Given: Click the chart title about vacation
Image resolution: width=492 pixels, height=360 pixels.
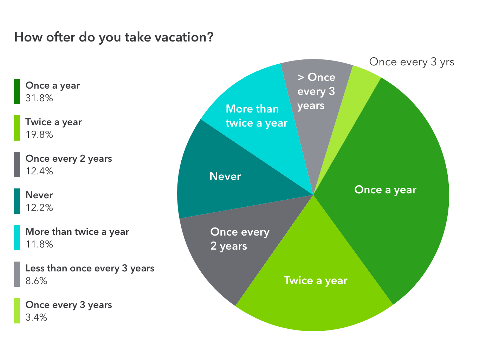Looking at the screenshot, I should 114,37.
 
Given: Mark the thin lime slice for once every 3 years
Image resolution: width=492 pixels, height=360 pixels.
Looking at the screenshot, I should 358,84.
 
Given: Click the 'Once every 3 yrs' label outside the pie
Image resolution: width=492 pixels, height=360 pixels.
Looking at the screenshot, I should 412,62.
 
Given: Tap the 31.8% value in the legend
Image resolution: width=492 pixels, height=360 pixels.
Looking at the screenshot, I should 39,98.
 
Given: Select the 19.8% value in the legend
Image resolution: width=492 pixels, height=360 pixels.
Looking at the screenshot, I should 39,135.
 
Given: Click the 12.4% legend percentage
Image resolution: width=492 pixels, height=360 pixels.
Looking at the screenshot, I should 39,171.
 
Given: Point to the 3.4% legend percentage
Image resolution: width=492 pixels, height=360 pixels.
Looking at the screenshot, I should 37,317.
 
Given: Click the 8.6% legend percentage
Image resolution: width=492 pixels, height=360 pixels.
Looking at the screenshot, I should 37,281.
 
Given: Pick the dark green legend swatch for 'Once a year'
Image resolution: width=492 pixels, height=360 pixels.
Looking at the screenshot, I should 17,91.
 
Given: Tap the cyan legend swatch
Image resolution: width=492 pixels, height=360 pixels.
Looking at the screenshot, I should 17,238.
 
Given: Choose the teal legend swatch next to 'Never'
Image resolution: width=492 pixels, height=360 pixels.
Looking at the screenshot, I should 17,201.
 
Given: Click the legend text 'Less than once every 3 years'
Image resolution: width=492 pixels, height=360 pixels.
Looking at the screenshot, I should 90,268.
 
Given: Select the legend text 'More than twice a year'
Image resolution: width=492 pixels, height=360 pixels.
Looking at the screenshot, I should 77,232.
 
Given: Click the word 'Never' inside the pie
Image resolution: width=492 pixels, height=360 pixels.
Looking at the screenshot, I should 225,176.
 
